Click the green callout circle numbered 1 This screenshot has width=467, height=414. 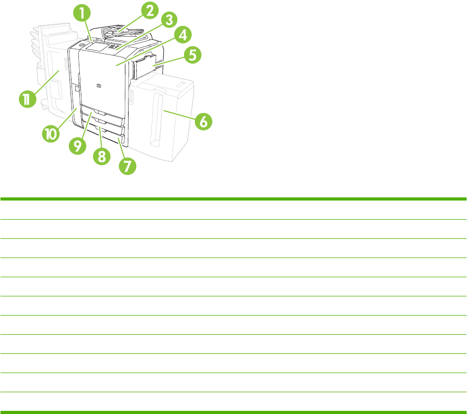pos(82,13)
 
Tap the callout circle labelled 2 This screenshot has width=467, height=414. pos(149,10)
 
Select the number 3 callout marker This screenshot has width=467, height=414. pos(169,20)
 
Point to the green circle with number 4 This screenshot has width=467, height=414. pos(183,35)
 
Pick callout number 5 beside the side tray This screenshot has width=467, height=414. pos(192,55)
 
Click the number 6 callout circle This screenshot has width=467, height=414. pos(203,122)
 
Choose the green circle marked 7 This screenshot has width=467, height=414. pos(128,166)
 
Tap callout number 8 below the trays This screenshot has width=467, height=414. pos(102,156)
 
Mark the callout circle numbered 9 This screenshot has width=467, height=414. pos(77,146)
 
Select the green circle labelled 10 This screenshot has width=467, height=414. pos(51,134)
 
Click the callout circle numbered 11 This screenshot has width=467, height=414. pos(27,99)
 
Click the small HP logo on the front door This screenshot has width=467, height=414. pos(99,86)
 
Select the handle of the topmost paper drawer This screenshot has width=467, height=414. pos(99,112)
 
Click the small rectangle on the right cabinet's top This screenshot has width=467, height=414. pos(180,85)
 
